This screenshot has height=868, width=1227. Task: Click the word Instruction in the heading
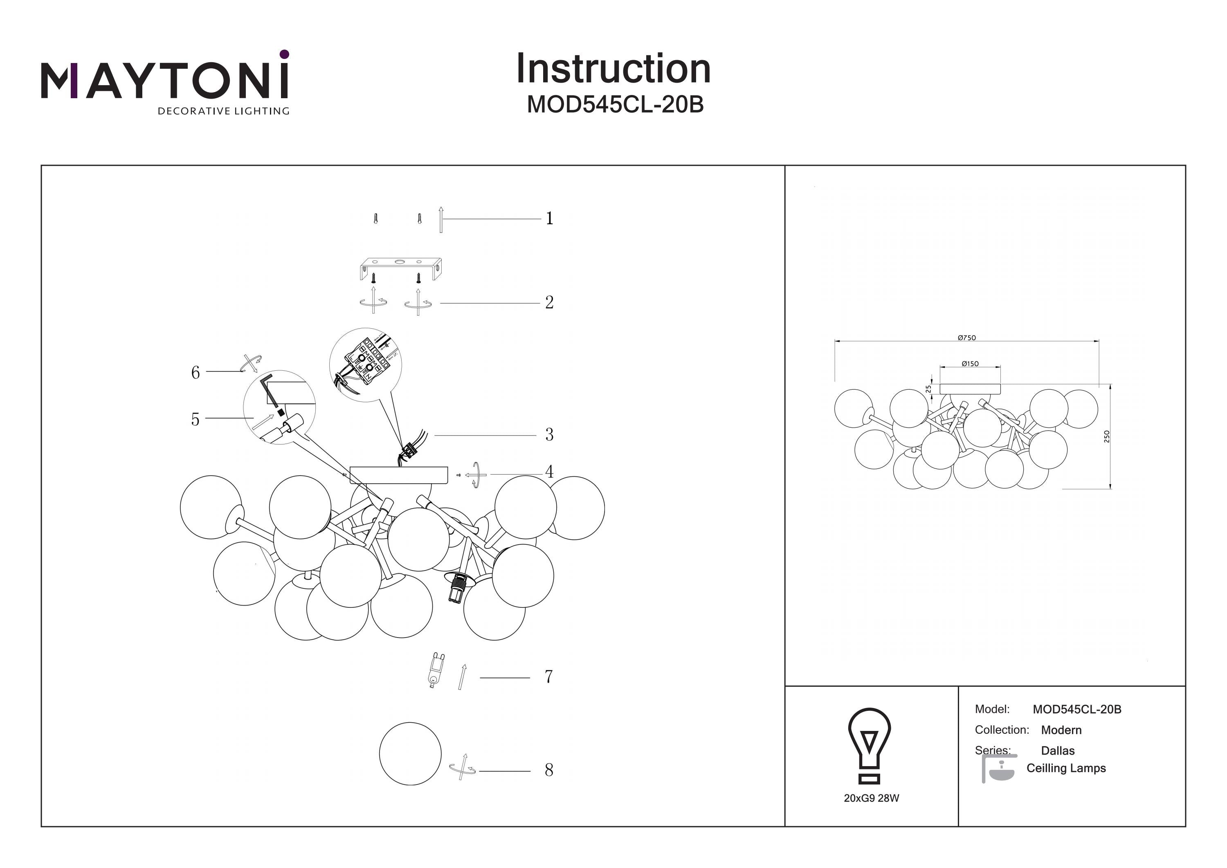613,69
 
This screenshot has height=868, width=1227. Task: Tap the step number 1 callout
549,218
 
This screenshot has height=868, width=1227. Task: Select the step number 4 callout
549,472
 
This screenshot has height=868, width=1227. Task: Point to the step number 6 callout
196,372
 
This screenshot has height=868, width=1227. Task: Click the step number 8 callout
549,770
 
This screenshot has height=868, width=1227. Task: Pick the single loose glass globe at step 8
410,753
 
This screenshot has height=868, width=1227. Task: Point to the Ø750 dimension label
967,338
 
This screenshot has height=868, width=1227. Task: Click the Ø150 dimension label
970,364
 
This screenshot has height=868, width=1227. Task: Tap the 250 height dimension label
1107,436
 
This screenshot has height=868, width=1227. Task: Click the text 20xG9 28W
871,798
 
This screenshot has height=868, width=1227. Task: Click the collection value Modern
1061,730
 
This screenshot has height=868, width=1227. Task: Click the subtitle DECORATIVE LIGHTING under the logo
223,111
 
